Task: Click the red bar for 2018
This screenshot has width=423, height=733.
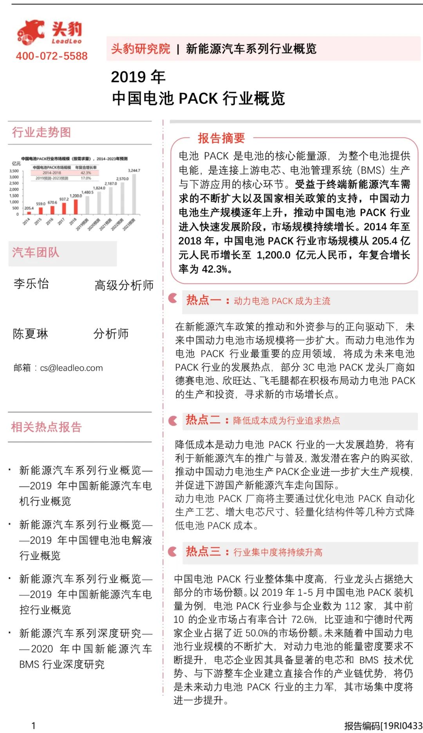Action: pos(76,206)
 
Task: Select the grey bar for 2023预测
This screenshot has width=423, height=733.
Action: pos(134,194)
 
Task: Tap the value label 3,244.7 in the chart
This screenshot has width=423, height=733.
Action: pos(134,170)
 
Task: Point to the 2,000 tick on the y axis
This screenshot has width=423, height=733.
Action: pos(14,189)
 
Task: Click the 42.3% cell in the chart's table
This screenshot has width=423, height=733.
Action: pos(86,173)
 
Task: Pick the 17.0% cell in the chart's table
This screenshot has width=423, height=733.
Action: pos(86,178)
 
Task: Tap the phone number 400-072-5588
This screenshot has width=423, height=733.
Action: pos(52,56)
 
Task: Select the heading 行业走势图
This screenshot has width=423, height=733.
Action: pos(42,132)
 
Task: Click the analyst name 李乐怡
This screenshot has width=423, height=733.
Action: pos(31,284)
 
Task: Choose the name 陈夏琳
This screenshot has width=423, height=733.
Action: pos(31,334)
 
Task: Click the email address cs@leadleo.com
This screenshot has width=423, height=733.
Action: pos(71,368)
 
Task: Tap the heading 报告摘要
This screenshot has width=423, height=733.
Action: pos(221,138)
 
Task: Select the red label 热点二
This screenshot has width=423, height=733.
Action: pos(203,420)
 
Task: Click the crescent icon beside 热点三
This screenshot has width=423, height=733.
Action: pos(173,552)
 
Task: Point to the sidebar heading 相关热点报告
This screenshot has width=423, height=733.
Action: pos(47,427)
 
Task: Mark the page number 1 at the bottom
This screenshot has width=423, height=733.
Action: pos(34,726)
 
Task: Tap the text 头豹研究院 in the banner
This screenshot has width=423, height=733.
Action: pos(141,49)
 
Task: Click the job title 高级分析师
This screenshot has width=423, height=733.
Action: pos(124,285)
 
